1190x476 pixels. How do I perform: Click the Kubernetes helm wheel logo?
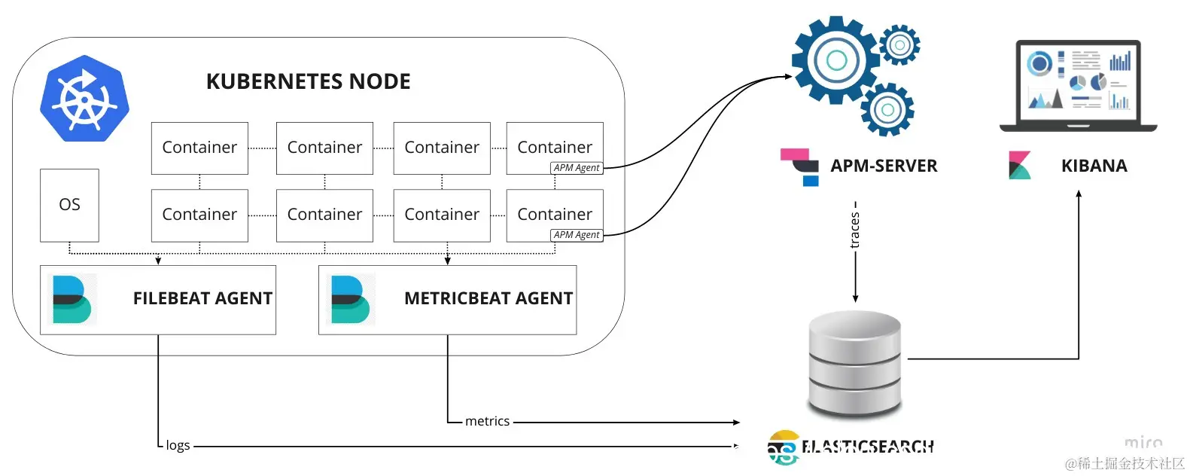pos(84,98)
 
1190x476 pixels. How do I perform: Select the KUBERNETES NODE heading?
pos(308,81)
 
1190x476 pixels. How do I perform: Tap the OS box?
pos(69,205)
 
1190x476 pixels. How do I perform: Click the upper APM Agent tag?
pos(577,168)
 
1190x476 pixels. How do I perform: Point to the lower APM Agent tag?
pos(577,235)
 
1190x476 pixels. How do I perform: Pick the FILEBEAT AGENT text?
pos(202,298)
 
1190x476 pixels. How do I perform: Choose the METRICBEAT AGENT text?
pos(488,298)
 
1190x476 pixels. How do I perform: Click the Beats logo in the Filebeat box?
pos(72,299)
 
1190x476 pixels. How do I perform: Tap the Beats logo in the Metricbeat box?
pos(351,299)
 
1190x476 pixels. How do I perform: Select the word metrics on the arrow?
pos(487,421)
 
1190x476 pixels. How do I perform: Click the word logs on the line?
pos(178,445)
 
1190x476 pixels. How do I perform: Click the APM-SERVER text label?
pos(884,166)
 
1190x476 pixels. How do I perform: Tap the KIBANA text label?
pos(1094,166)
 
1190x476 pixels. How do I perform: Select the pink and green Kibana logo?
pos(1019,166)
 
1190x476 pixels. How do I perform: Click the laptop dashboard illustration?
pos(1078,84)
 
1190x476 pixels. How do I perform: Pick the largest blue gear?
pos(836,60)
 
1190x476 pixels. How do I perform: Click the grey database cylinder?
pos(854,363)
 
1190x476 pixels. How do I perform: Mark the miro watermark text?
pos(1143,443)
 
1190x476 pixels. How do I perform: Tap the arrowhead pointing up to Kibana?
pos(1079,194)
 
